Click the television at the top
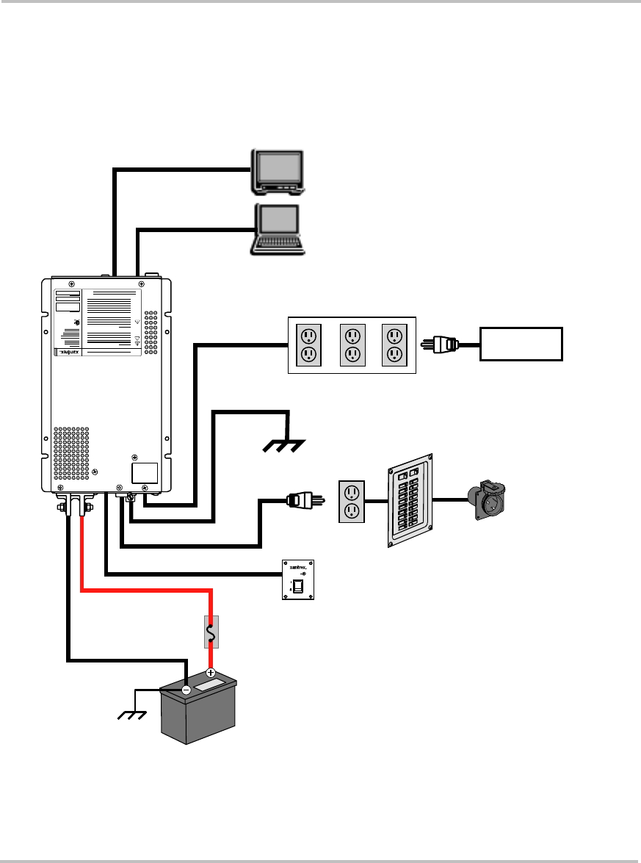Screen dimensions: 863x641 click(278, 171)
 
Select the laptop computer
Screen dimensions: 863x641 click(278, 229)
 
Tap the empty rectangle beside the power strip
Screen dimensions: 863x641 click(521, 344)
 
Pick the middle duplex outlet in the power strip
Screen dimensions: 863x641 click(352, 344)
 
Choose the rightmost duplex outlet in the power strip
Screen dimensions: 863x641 click(395, 344)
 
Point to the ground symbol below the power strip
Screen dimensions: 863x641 click(285, 445)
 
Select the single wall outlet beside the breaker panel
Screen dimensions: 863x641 click(352, 502)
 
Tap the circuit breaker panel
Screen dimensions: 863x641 click(413, 500)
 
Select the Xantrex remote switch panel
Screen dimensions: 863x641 click(298, 580)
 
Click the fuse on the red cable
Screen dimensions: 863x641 click(211, 632)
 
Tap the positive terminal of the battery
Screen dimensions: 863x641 click(211, 673)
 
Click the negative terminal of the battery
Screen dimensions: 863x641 click(186, 690)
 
